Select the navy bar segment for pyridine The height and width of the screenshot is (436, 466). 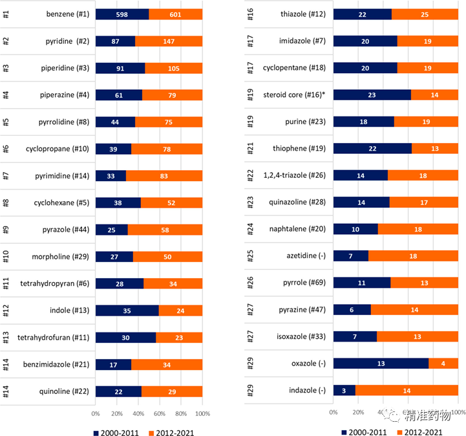(x=115, y=41)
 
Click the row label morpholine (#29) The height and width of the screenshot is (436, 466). (x=60, y=257)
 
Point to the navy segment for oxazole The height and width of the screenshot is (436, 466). (x=381, y=364)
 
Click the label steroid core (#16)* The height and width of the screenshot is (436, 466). (x=294, y=94)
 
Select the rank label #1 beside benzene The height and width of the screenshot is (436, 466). (x=6, y=14)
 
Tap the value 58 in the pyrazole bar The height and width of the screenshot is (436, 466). (x=165, y=230)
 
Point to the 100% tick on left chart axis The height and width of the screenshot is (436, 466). (x=202, y=413)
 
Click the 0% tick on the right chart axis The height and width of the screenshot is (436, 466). (x=334, y=411)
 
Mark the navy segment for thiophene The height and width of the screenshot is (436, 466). (x=372, y=149)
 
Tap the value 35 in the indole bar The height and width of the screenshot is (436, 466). (x=127, y=311)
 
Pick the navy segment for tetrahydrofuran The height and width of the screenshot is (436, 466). (x=125, y=337)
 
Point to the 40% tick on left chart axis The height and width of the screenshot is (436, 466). (x=138, y=413)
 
